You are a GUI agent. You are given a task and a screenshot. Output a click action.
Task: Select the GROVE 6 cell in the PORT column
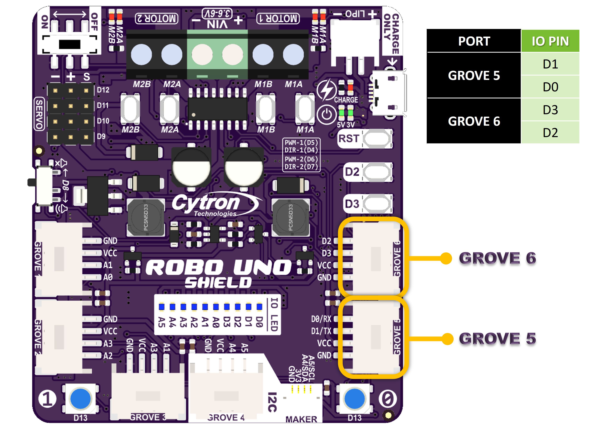point(474,121)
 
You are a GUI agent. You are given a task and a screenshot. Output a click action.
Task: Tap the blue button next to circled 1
point(80,399)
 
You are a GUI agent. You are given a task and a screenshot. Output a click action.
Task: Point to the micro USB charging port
point(389,93)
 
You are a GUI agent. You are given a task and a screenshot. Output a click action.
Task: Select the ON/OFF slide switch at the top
point(69,44)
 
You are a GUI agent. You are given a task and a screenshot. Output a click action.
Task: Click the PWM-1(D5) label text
point(301,142)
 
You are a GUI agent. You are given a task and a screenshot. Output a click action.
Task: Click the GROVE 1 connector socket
point(59,259)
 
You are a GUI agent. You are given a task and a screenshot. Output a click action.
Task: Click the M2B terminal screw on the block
point(141,54)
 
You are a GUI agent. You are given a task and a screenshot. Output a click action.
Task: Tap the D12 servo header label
point(103,90)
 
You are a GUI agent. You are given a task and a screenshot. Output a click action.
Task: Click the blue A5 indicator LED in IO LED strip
point(161,307)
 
